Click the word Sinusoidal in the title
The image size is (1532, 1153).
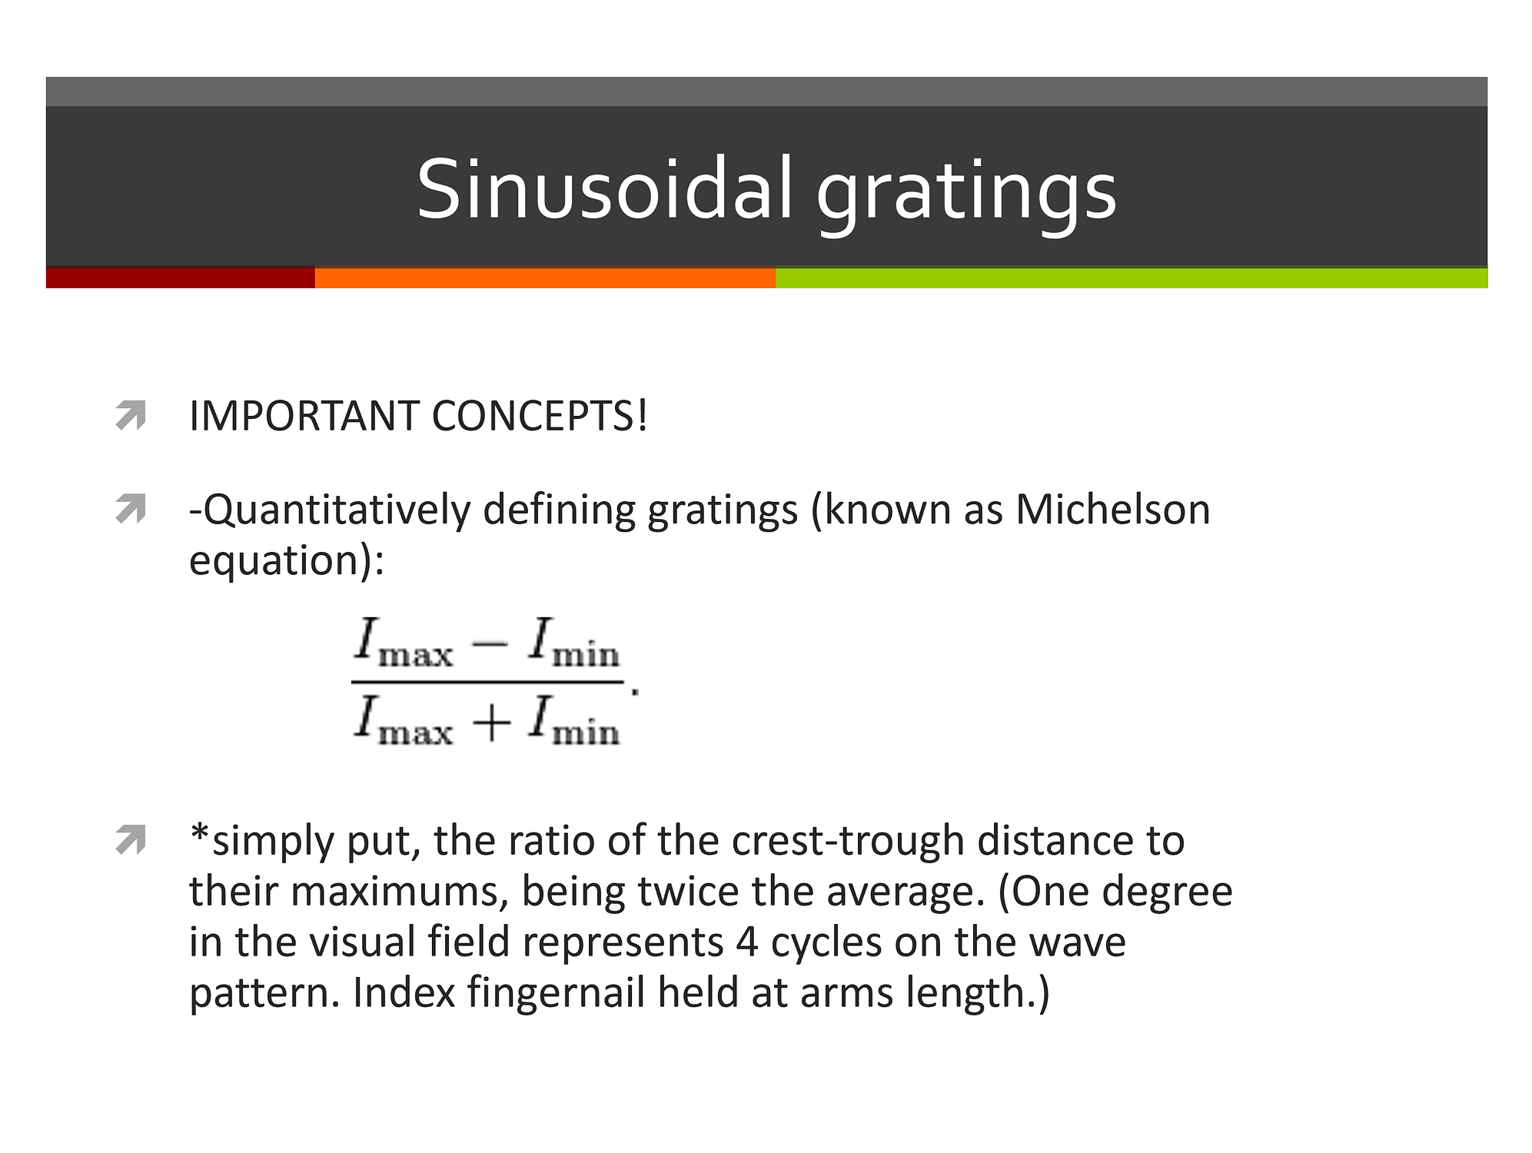[x=605, y=189]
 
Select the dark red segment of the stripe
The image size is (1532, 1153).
[x=181, y=277]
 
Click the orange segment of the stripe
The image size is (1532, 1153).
[x=546, y=277]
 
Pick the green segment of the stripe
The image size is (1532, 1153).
[x=1132, y=277]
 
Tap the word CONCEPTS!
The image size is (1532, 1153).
[x=540, y=417]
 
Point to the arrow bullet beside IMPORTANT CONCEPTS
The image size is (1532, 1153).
[x=131, y=415]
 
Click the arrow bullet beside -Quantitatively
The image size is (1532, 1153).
[x=131, y=509]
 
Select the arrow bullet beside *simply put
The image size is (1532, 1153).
[x=131, y=839]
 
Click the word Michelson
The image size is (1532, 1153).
[x=1112, y=510]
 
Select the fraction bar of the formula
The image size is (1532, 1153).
[x=487, y=682]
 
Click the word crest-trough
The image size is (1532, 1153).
[x=848, y=841]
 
